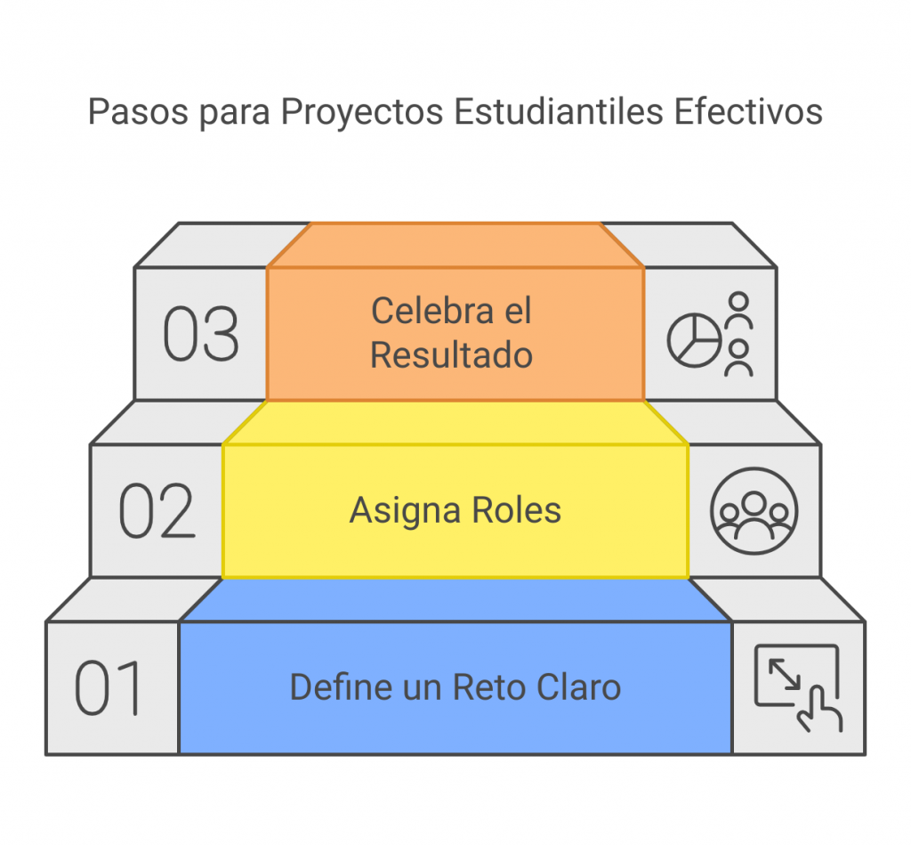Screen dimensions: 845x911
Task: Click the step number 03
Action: pyautogui.click(x=201, y=335)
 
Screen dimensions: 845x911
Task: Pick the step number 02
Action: pyautogui.click(x=157, y=512)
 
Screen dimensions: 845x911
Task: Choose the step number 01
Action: pyautogui.click(x=109, y=688)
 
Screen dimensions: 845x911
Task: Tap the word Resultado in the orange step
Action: pyautogui.click(x=451, y=355)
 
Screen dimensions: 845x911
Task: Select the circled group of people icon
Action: pyautogui.click(x=754, y=511)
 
